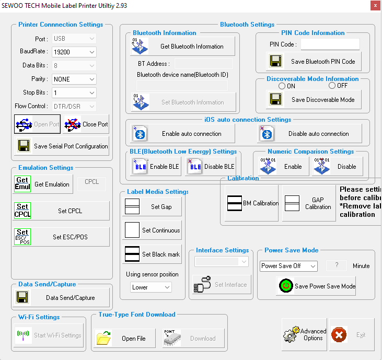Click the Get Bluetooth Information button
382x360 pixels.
(x=183, y=47)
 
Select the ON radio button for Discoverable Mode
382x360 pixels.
(x=282, y=86)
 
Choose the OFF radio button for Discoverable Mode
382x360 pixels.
(x=332, y=86)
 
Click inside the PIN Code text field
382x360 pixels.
(x=330, y=44)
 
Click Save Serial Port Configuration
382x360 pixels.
(x=62, y=146)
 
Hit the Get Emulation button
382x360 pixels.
(x=43, y=184)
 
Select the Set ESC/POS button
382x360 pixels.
(x=62, y=237)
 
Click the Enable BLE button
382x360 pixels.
(x=156, y=167)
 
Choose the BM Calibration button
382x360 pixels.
(x=253, y=203)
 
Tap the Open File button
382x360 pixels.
(x=125, y=339)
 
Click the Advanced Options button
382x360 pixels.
(x=305, y=334)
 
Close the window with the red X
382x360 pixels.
(x=374, y=6)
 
